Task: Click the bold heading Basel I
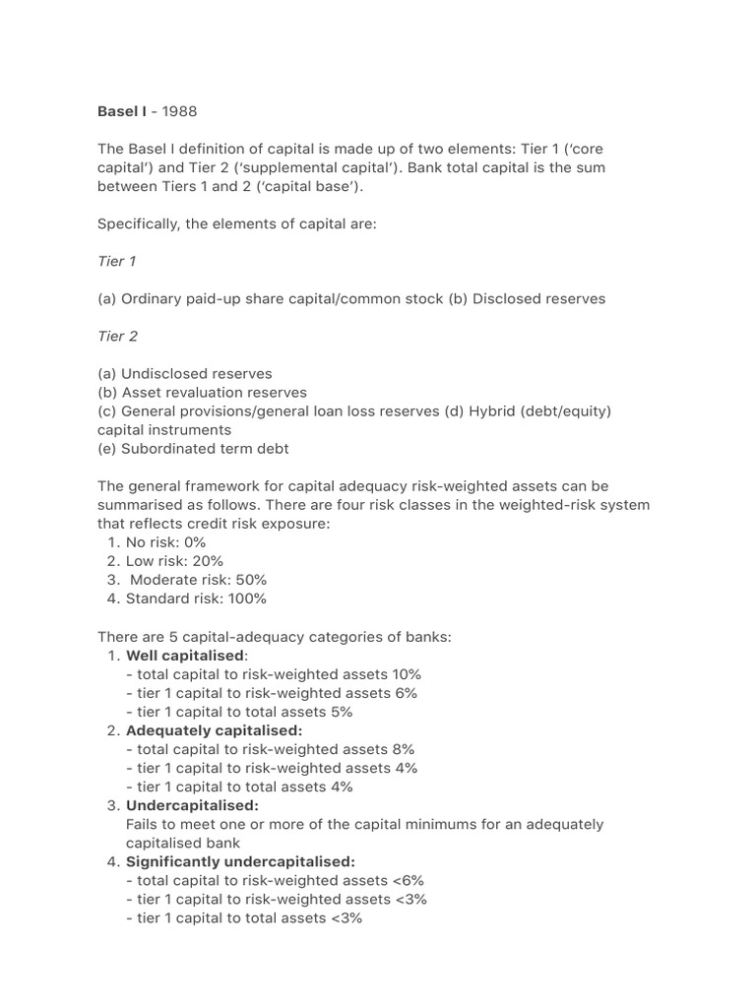pos(121,111)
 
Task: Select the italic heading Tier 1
pos(117,261)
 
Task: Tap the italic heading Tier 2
pos(117,336)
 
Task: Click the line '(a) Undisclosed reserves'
pos(185,374)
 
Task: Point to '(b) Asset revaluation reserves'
pos(202,393)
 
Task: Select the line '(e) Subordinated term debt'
pos(193,449)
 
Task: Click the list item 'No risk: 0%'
pos(166,542)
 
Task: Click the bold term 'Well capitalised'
pos(185,656)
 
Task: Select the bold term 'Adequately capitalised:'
pos(214,730)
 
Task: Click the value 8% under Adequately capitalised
pos(402,749)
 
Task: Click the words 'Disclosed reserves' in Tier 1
pos(538,298)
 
